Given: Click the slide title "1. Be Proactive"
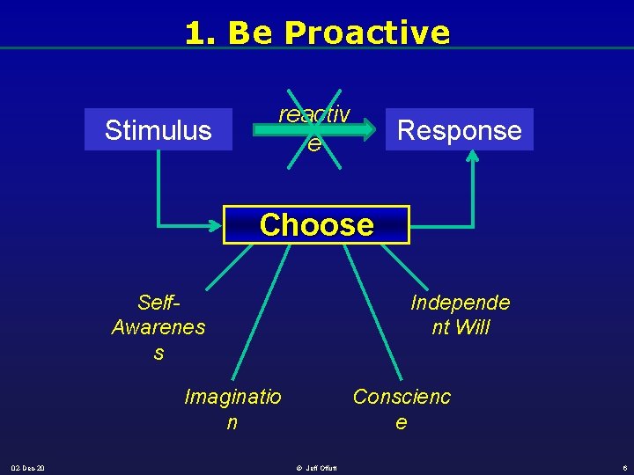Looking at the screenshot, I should click(x=317, y=33).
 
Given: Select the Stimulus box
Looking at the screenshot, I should click(x=158, y=130).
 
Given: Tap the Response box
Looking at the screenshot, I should click(x=459, y=130).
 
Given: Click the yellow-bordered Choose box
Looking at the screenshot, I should click(x=317, y=224).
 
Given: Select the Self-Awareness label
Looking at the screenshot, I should click(x=158, y=327).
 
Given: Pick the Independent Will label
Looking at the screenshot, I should click(x=460, y=315).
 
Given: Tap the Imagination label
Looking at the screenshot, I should click(x=232, y=409).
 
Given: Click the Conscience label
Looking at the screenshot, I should click(x=402, y=409).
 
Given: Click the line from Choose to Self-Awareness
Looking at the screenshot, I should click(x=238, y=267).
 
